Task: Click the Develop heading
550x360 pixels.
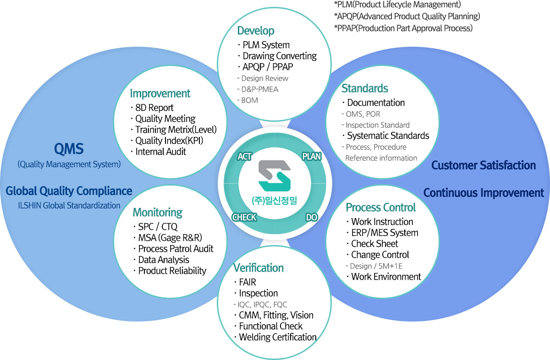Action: point(256,31)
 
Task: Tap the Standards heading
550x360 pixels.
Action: point(365,88)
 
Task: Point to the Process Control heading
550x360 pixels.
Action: point(380,207)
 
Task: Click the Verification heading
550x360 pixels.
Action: point(258,268)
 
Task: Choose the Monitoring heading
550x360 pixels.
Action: point(157,213)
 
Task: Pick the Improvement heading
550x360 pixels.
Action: point(160,93)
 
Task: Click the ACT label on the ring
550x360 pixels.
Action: point(245,157)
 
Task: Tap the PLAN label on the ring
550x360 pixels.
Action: point(312,157)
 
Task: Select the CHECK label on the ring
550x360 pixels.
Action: point(244,217)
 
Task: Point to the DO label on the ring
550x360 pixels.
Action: point(312,217)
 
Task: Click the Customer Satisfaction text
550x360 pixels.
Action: point(484,165)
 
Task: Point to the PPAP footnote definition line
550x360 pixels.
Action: point(403,28)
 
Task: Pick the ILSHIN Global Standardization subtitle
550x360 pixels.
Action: point(69,206)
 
